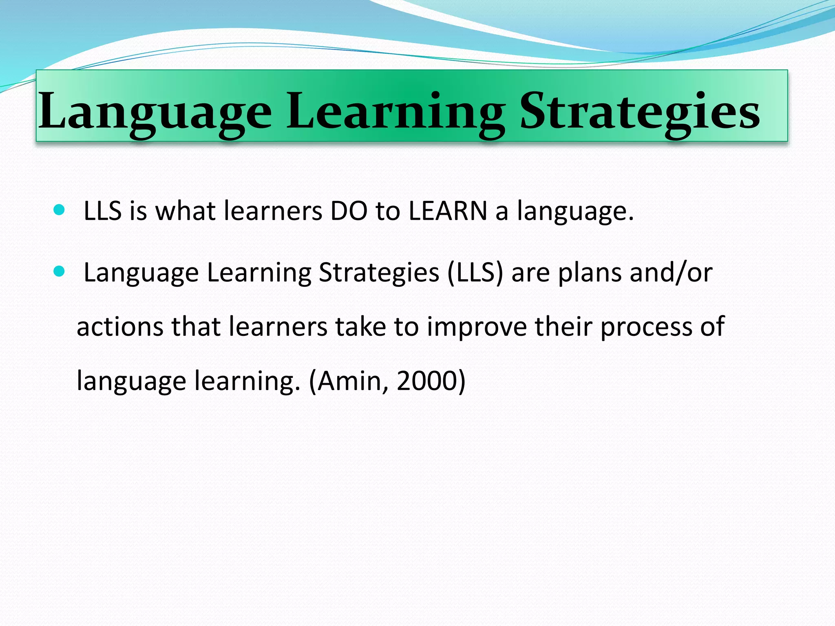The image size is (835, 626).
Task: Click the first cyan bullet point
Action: pos(59,210)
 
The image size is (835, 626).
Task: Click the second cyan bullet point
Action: pos(59,271)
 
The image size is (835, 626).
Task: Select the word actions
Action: pos(120,327)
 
